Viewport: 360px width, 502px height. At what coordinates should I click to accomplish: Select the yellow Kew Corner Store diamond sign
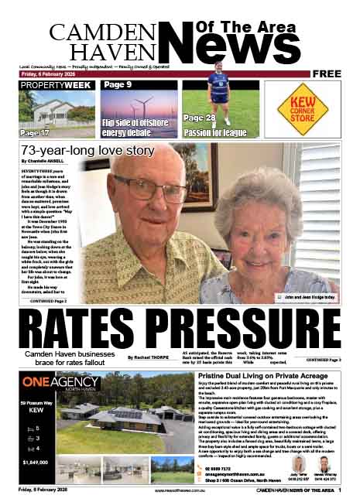303,108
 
